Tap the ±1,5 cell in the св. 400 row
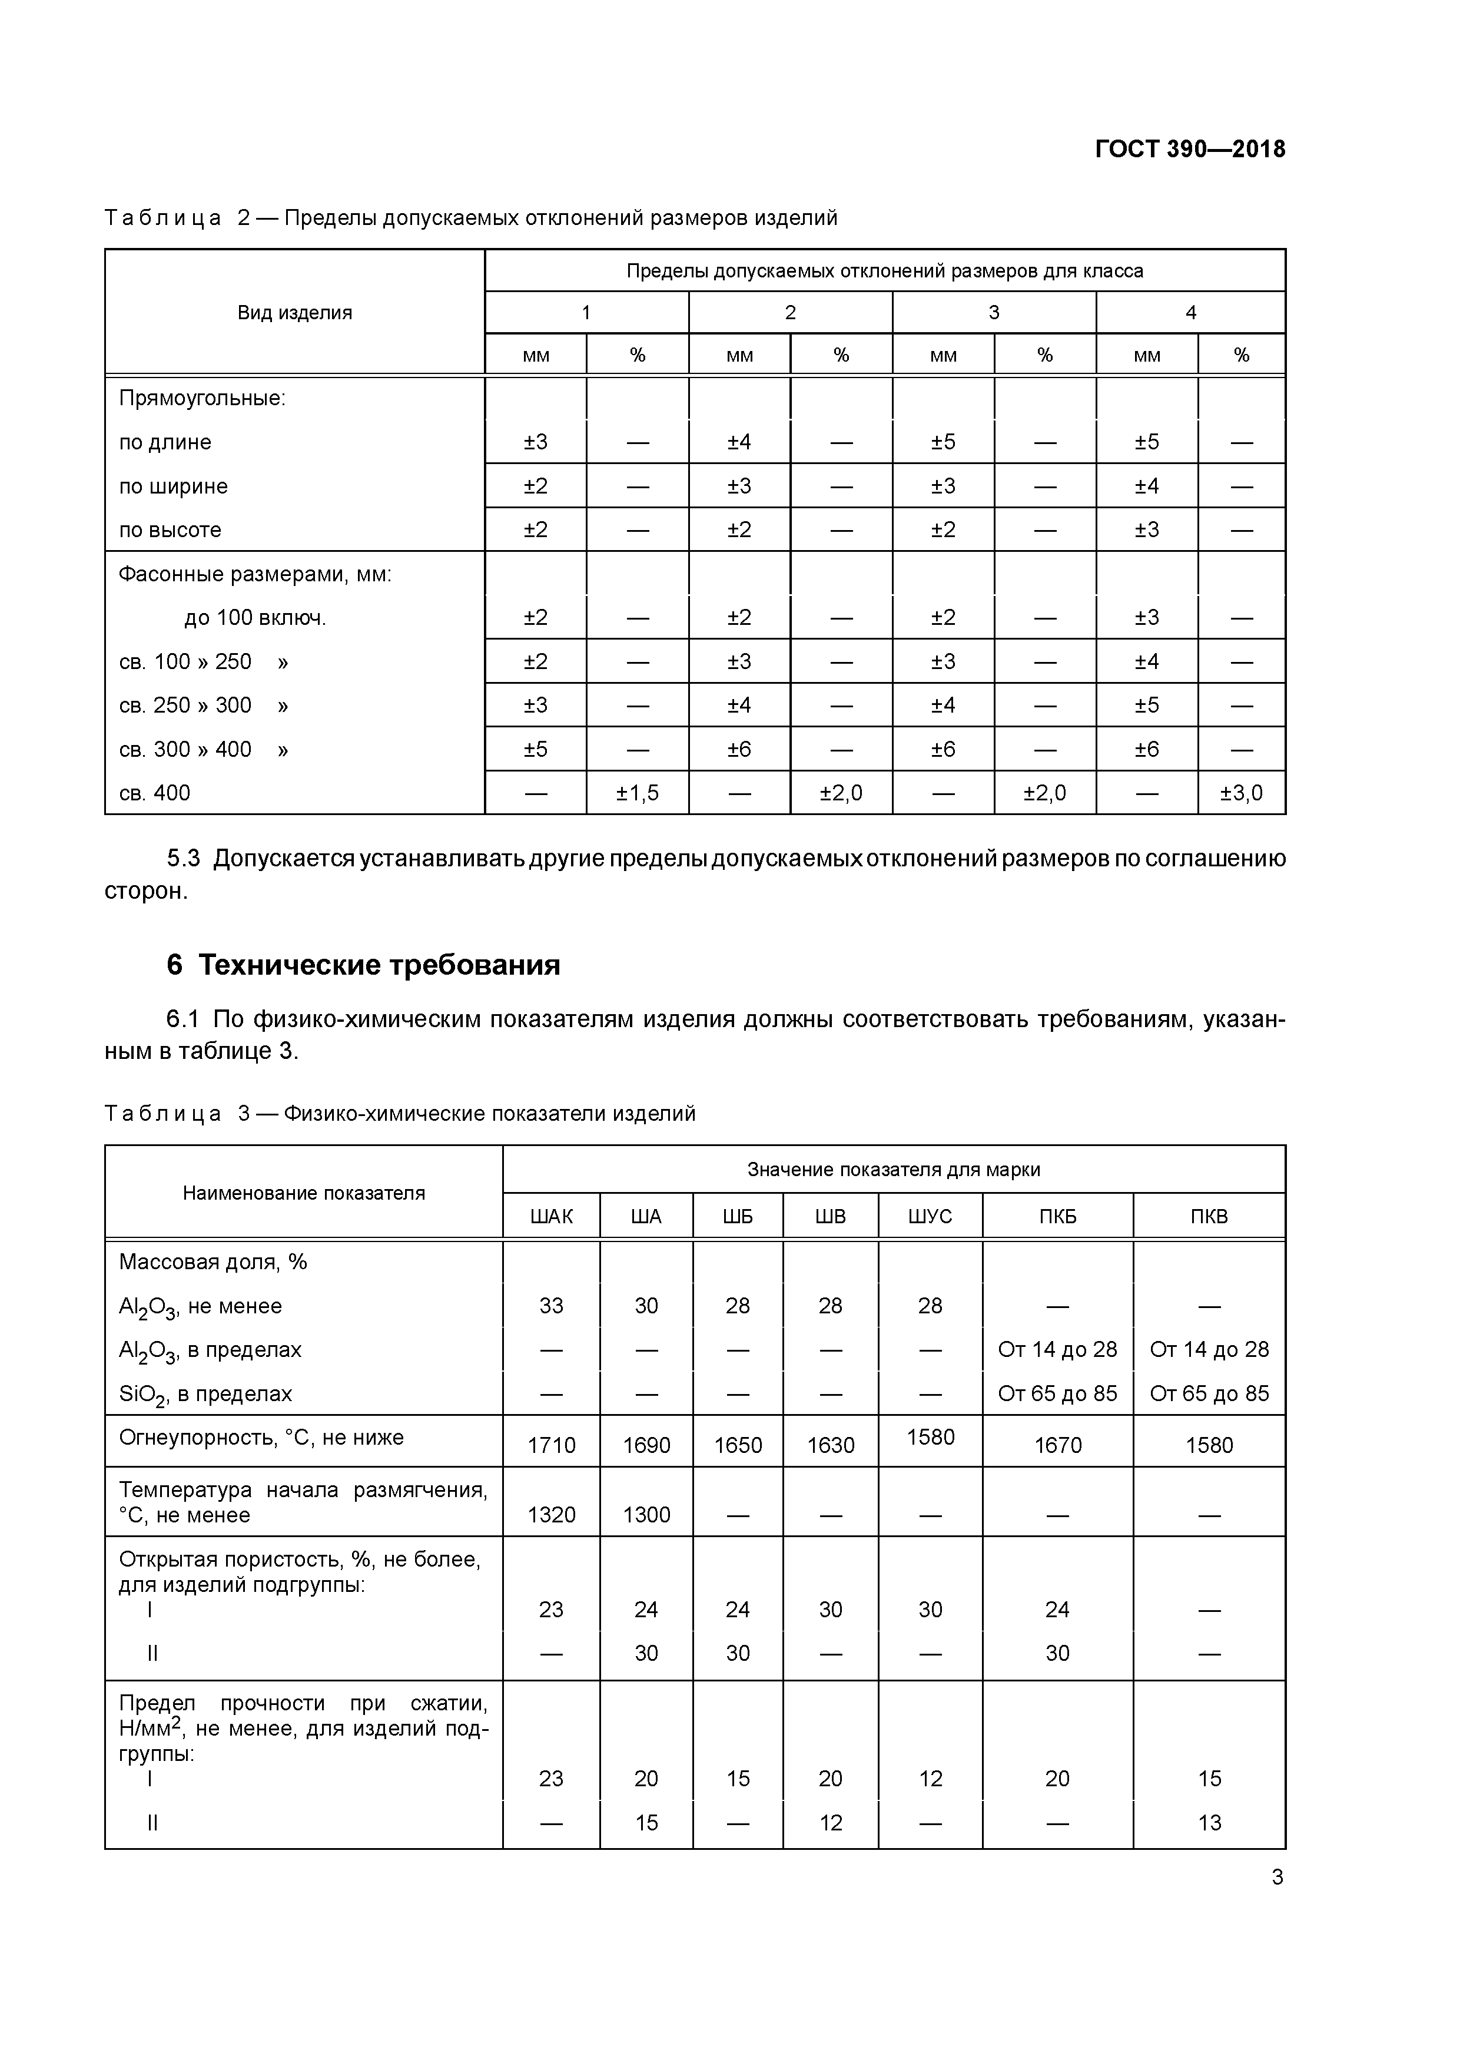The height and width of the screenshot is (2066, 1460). coord(637,793)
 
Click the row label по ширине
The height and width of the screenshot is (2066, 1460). coord(172,486)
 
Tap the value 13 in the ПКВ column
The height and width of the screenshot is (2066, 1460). coord(1209,1822)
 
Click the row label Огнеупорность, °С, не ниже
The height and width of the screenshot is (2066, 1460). coord(261,1437)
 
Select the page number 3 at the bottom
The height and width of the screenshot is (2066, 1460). coord(1276,1877)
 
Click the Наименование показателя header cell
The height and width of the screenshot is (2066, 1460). coord(303,1193)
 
